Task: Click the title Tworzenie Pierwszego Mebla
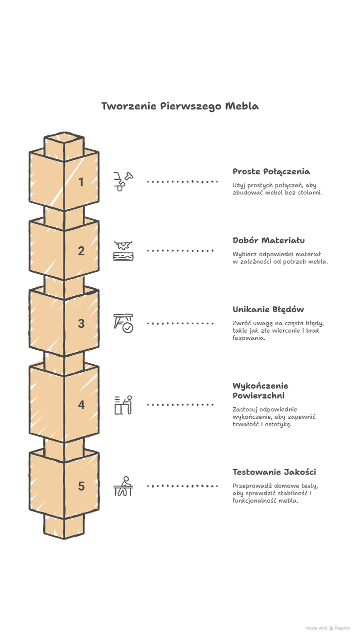180,106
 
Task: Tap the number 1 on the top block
81,182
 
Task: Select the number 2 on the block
81,251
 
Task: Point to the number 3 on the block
81,324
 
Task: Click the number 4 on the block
81,405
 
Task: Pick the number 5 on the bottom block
81,486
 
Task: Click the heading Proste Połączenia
271,172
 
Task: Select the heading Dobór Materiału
268,241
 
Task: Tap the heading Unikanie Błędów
268,310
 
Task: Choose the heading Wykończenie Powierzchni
260,391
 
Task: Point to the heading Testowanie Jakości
274,472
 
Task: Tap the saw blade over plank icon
123,251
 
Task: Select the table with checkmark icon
123,323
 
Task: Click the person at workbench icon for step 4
123,405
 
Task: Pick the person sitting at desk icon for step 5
123,486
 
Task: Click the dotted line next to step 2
180,251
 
